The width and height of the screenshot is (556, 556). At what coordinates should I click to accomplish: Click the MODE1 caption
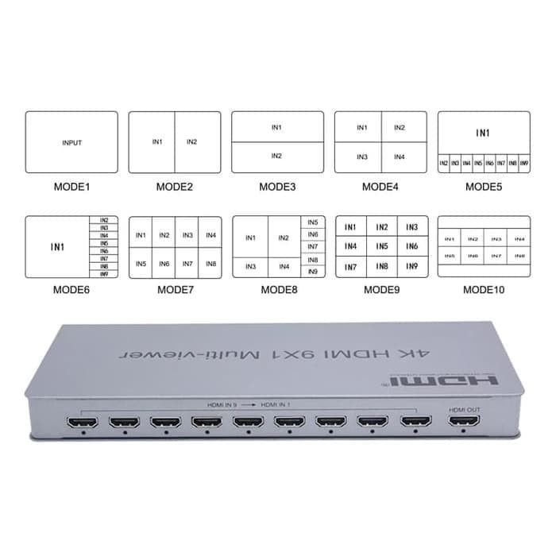click(x=71, y=187)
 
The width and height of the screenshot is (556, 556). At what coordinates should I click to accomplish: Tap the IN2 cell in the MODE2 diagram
click(x=191, y=142)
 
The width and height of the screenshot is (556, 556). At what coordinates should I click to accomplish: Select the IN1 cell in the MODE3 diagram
click(x=276, y=127)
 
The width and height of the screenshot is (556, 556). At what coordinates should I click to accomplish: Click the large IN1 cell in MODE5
click(x=483, y=133)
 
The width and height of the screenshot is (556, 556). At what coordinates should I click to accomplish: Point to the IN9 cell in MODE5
click(x=523, y=164)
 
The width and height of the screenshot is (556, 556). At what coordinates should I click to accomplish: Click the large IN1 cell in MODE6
click(x=58, y=247)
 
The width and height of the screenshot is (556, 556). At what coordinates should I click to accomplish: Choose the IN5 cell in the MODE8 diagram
click(x=313, y=222)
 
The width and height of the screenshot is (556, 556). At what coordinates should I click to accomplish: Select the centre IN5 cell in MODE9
click(x=382, y=247)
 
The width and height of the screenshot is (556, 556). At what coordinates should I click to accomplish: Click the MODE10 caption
click(x=484, y=290)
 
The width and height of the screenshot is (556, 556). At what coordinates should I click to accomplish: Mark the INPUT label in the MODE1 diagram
click(x=71, y=143)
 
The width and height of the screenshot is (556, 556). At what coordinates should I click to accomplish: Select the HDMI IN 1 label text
click(x=276, y=405)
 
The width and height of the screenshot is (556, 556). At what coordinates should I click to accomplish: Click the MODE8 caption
click(x=279, y=290)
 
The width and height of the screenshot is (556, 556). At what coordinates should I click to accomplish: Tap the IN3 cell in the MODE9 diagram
click(x=411, y=227)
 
